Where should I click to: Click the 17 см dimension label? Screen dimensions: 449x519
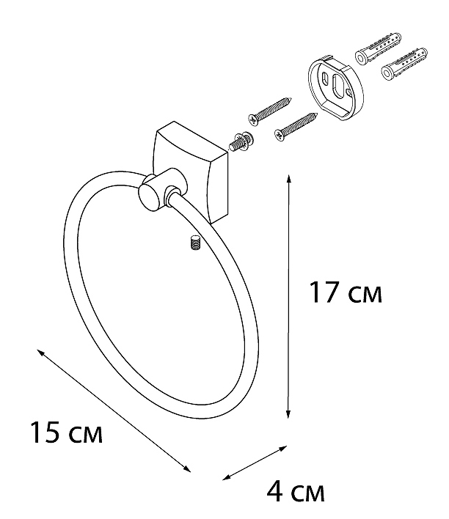[345, 292]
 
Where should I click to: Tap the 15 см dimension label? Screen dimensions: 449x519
[66, 432]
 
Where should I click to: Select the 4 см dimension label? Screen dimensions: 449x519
[296, 492]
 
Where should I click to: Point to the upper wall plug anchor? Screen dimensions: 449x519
[378, 48]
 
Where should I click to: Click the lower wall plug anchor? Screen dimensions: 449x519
[404, 65]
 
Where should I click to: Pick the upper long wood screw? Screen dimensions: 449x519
[270, 111]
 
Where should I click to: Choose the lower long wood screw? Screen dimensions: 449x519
[296, 127]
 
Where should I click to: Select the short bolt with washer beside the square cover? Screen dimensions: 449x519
[241, 141]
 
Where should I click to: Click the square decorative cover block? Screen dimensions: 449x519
[191, 172]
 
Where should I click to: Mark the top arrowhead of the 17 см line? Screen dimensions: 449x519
[288, 179]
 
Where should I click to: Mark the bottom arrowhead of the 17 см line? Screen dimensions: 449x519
[288, 415]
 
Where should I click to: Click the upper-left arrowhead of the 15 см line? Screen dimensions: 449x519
[40, 353]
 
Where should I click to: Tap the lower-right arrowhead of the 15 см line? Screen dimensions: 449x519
[187, 468]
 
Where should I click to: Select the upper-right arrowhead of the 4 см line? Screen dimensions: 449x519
[283, 448]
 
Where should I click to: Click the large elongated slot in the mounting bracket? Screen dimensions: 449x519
[338, 86]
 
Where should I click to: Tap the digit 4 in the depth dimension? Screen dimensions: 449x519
[274, 492]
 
